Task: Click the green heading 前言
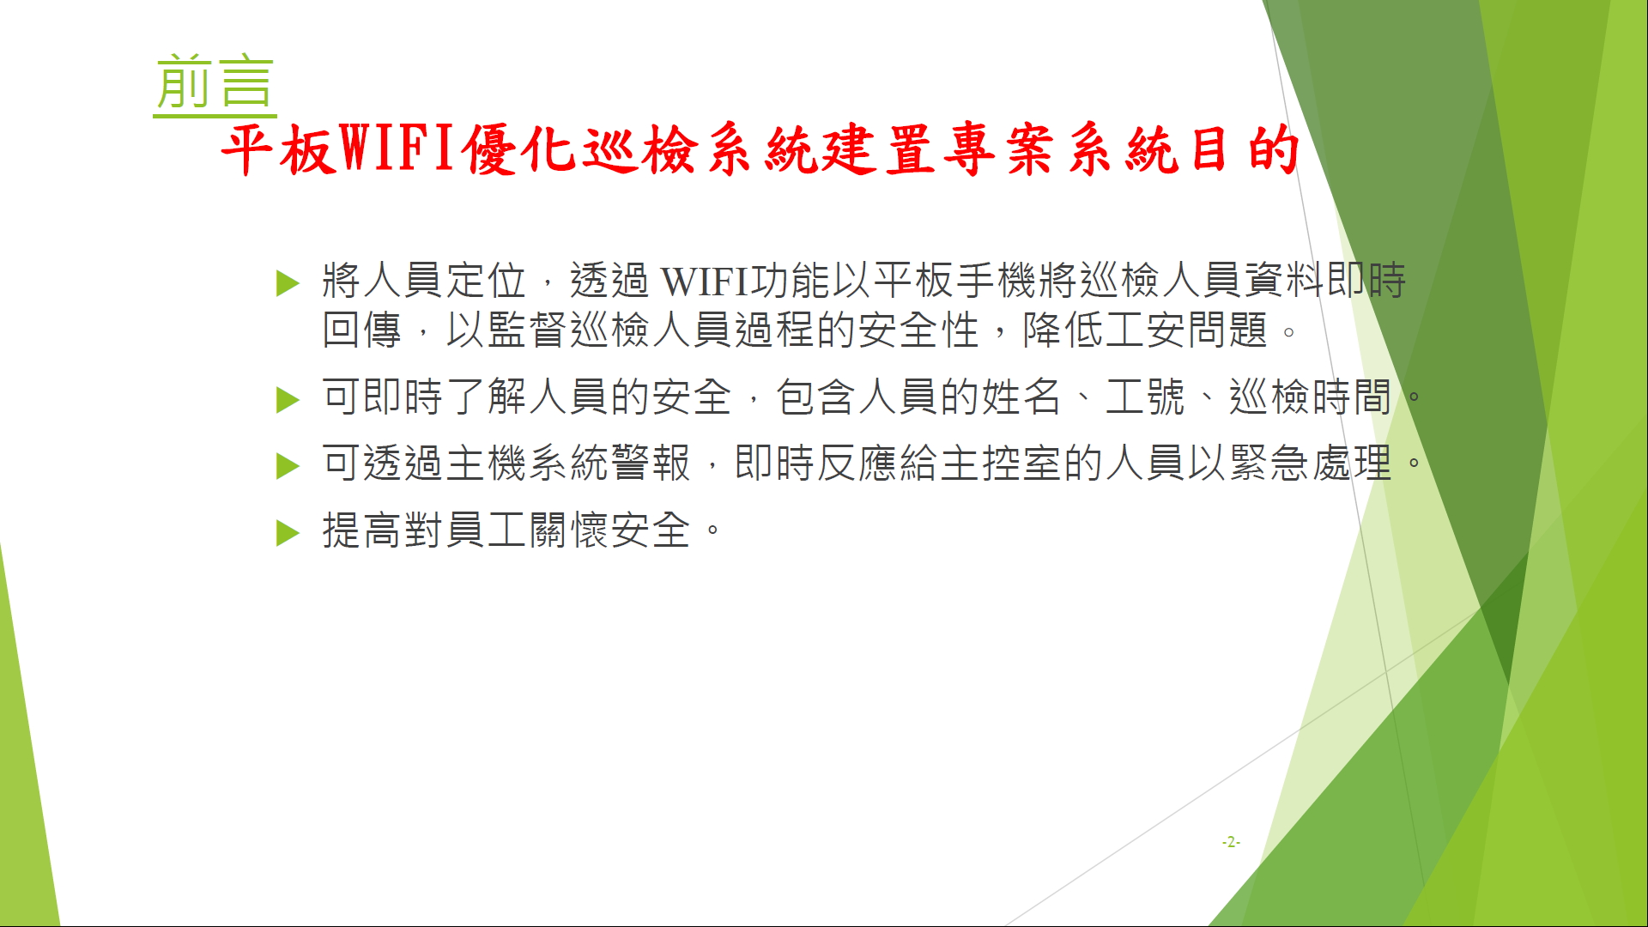tap(215, 83)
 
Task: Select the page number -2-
tap(1231, 842)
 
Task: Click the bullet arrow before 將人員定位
tap(288, 283)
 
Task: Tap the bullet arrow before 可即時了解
tap(288, 400)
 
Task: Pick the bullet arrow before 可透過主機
tap(288, 466)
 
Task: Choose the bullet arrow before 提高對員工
tap(288, 533)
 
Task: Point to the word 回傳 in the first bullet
tap(362, 330)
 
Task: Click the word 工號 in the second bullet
tap(1146, 397)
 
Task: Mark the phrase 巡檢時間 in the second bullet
tap(1310, 397)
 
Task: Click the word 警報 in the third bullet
tap(651, 463)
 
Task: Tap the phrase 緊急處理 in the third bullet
tap(1310, 463)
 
